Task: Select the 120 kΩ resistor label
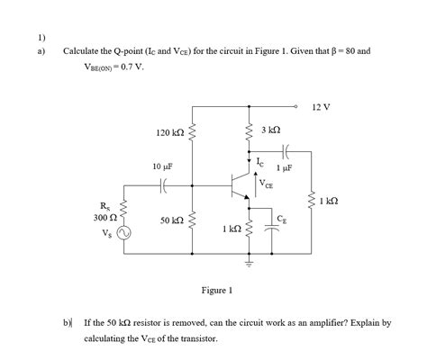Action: (x=169, y=133)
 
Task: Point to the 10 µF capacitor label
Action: (x=163, y=166)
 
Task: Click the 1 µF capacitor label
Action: (x=288, y=166)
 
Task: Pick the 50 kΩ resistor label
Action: (x=170, y=220)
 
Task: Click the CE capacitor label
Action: (x=282, y=217)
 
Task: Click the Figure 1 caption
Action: (x=218, y=290)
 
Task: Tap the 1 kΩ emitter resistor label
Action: (x=231, y=229)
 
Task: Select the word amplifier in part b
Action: (x=316, y=321)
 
